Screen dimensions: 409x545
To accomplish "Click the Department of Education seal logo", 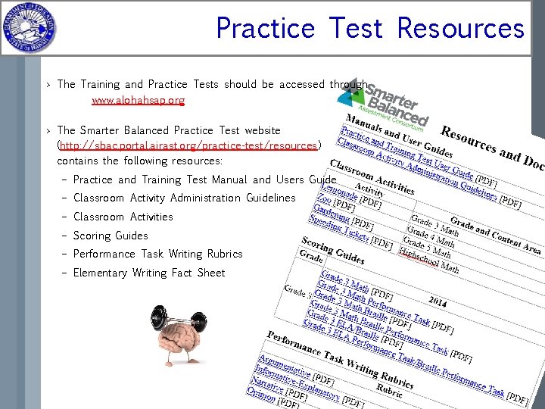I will [28, 28].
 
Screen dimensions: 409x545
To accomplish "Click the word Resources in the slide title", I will [460, 29].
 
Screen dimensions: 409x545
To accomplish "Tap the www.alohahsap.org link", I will [138, 100].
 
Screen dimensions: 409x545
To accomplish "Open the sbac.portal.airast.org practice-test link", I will [188, 145].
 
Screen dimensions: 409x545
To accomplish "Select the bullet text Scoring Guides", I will [111, 236].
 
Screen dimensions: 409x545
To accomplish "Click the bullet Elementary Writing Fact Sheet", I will [149, 273].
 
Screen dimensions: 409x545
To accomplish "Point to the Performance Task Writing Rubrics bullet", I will [157, 254].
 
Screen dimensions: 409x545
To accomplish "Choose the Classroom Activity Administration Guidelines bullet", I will [184, 198].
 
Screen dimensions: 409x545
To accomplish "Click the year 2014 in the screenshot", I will [438, 302].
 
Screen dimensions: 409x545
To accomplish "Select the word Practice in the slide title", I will [265, 29].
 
